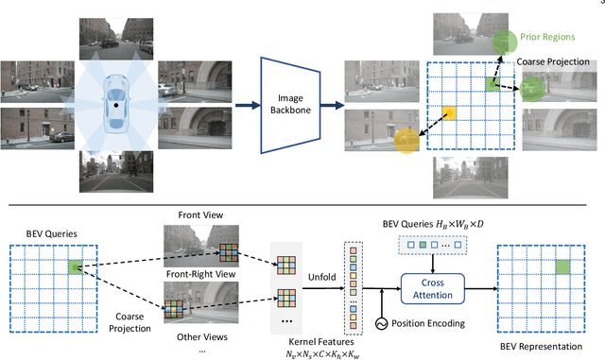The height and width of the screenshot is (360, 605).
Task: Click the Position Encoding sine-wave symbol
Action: click(382, 324)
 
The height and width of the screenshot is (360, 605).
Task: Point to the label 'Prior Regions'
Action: click(546, 37)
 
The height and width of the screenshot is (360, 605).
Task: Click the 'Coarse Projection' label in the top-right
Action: click(551, 61)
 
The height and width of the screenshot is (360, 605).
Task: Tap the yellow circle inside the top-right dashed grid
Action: click(449, 111)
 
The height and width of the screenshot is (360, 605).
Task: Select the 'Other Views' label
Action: click(195, 334)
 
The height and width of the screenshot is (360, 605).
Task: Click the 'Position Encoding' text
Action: click(434, 324)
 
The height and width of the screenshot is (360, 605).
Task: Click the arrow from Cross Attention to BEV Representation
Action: click(477, 287)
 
